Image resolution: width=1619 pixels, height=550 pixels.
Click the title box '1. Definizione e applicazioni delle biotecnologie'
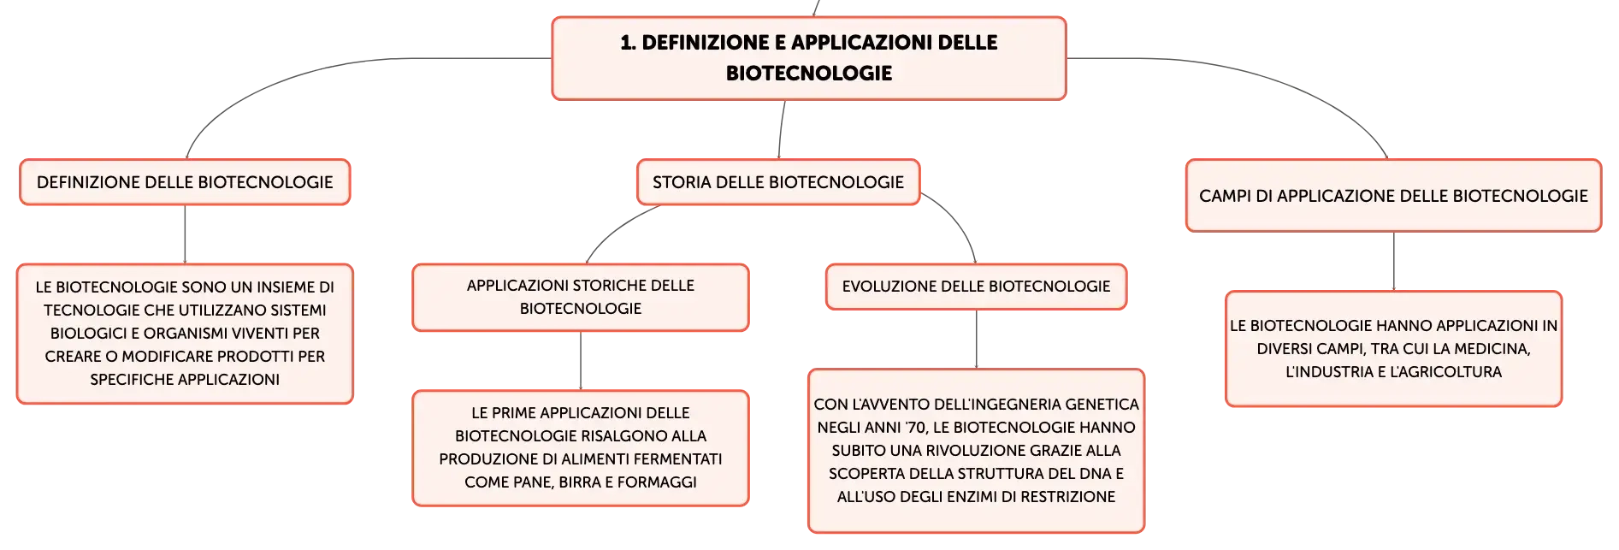(x=809, y=58)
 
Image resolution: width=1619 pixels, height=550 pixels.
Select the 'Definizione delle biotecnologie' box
(x=185, y=182)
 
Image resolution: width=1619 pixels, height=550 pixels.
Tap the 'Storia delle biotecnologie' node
(x=778, y=182)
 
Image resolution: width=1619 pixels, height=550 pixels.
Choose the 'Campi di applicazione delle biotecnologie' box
(x=1393, y=196)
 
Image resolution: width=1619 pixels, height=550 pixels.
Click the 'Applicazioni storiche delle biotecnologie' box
(x=581, y=297)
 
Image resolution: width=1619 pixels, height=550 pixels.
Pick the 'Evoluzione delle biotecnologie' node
(x=976, y=287)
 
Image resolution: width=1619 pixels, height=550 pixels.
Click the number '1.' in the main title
(x=629, y=43)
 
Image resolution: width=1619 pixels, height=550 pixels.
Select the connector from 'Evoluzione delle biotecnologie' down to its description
(x=976, y=339)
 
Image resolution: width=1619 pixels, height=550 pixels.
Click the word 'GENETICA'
(x=1102, y=405)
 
